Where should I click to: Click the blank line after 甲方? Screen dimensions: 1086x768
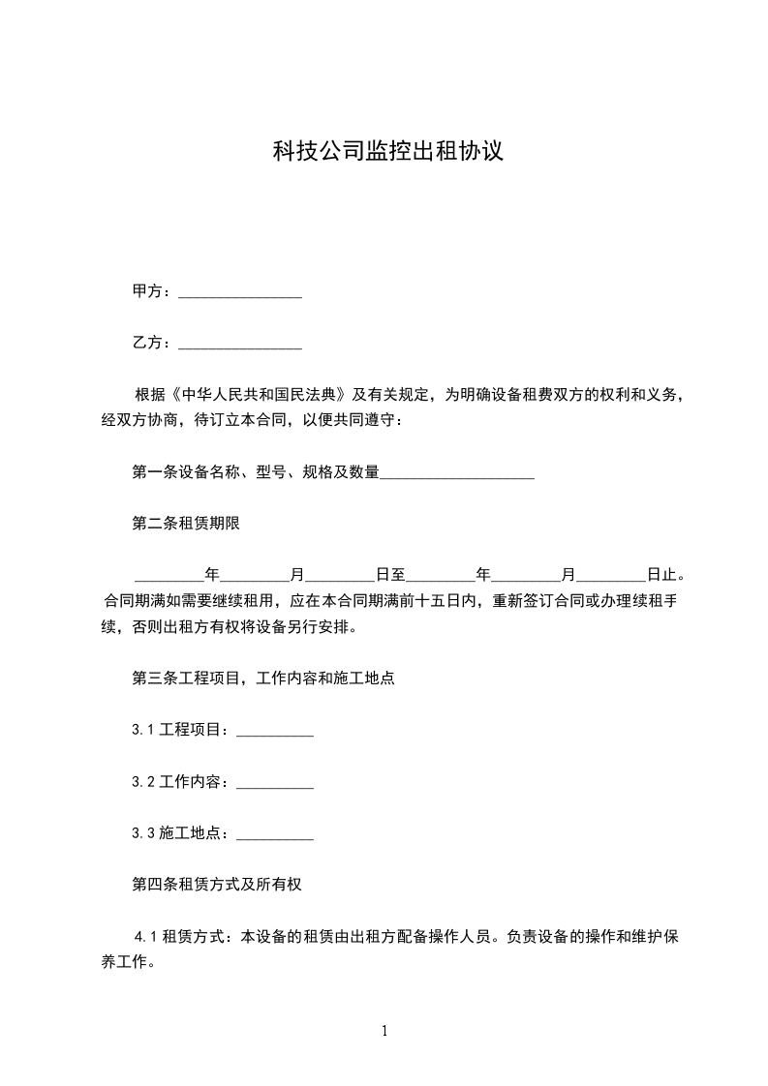pos(240,291)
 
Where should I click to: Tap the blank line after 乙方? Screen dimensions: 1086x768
pos(240,343)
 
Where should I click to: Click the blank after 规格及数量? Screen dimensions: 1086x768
pos(457,473)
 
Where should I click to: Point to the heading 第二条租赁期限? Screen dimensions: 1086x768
pos(185,524)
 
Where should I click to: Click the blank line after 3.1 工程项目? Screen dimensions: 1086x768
pos(275,730)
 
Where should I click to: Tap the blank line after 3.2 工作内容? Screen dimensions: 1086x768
pos(275,781)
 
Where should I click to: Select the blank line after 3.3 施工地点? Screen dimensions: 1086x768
pos(275,832)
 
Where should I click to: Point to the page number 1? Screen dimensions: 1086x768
pos(384,1031)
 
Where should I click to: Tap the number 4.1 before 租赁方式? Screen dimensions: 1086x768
pos(145,936)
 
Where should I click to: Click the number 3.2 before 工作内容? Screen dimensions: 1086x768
pos(143,781)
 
